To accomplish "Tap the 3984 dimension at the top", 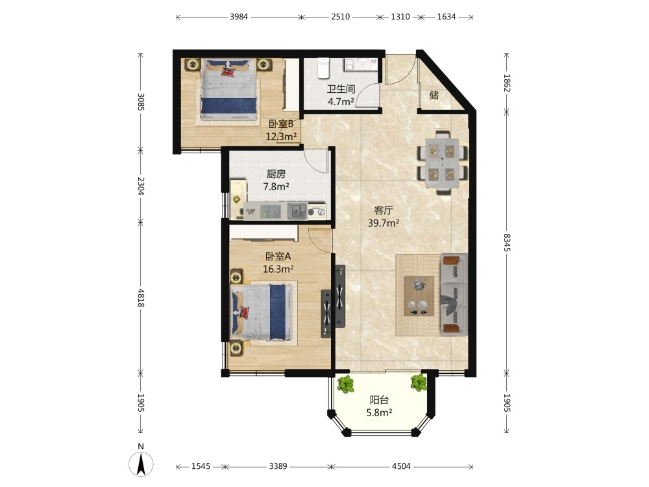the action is (239, 17).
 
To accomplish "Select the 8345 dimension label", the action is (507, 242).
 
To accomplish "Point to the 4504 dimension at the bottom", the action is (401, 466).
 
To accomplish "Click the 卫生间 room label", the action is (341, 89).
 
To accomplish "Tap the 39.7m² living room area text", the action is (384, 223).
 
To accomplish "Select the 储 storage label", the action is (434, 95).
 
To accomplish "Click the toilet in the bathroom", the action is (323, 68).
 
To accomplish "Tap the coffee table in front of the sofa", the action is (419, 296).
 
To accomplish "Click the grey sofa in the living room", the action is (454, 294).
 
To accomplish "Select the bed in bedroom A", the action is (262, 312).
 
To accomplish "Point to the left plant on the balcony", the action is (346, 384).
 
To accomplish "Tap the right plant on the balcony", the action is (419, 382).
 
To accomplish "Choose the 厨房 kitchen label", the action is (276, 174).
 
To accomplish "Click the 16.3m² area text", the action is (278, 269).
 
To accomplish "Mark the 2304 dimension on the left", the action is (140, 186).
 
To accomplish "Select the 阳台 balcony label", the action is (379, 400).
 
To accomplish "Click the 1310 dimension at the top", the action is (400, 17).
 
